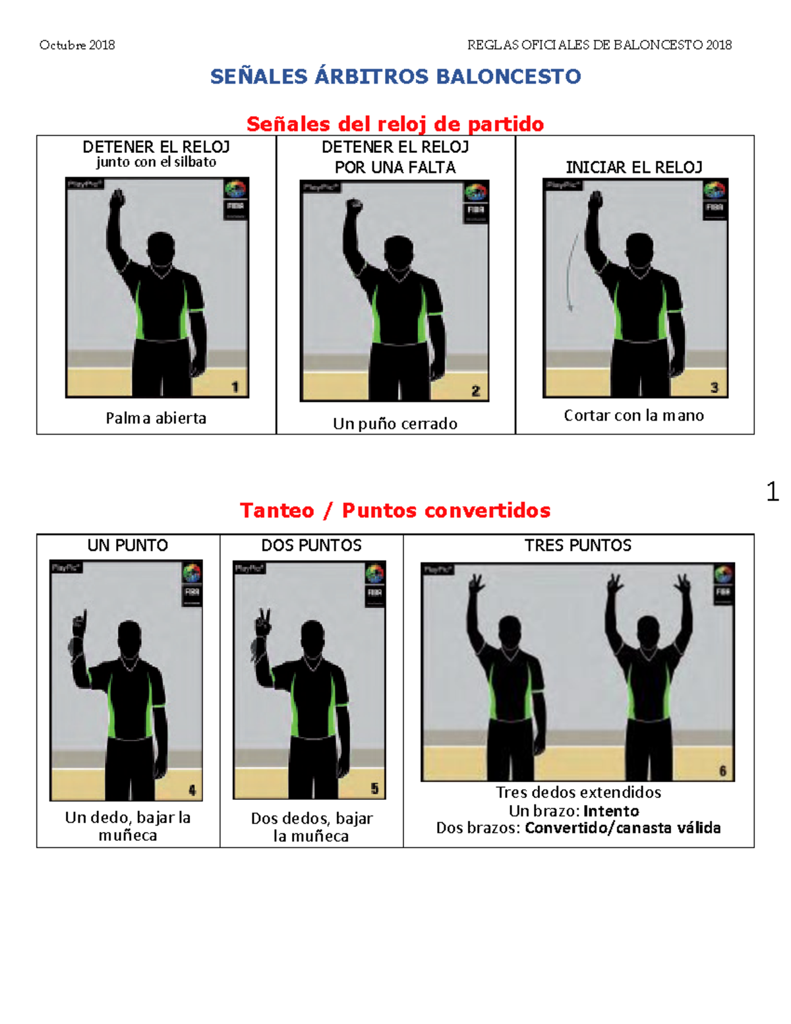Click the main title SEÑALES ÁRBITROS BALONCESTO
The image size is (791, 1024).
[395, 76]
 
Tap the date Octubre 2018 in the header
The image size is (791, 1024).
[77, 45]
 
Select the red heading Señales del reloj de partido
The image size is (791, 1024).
[395, 123]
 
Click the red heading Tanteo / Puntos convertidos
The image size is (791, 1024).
[395, 510]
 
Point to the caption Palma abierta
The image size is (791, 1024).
[156, 418]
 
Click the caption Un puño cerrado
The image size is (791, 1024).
[395, 423]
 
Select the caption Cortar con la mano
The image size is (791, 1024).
[633, 415]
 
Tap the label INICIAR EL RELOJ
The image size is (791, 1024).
[634, 167]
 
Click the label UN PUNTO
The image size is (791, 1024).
[128, 545]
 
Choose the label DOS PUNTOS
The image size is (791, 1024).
[311, 545]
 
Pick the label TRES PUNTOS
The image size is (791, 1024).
[578, 545]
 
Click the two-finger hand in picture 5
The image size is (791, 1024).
[264, 621]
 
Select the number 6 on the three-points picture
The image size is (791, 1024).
[722, 771]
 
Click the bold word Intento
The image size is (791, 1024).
[611, 810]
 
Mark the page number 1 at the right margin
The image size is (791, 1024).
[773, 491]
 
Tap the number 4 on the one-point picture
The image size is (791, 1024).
[192, 790]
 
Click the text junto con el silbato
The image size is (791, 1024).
[156, 162]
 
